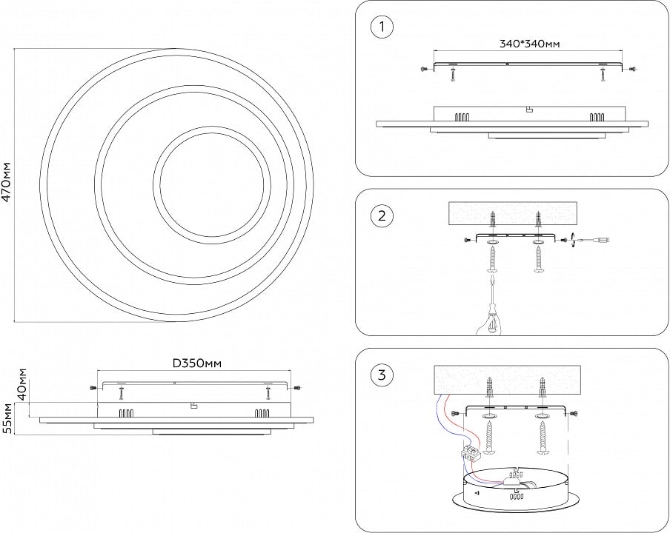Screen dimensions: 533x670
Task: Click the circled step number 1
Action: click(x=381, y=28)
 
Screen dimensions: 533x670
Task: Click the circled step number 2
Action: click(x=381, y=216)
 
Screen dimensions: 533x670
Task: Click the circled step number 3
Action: click(x=381, y=375)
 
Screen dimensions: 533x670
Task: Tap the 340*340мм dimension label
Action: click(x=525, y=44)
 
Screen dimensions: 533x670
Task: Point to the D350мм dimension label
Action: click(x=197, y=363)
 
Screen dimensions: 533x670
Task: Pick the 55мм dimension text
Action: click(x=7, y=418)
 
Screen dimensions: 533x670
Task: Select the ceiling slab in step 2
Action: click(x=514, y=213)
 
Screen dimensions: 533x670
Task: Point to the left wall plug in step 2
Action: click(x=492, y=220)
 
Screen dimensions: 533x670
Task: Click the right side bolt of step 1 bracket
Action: click(x=631, y=69)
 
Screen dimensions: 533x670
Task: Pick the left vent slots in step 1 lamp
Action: click(x=462, y=116)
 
